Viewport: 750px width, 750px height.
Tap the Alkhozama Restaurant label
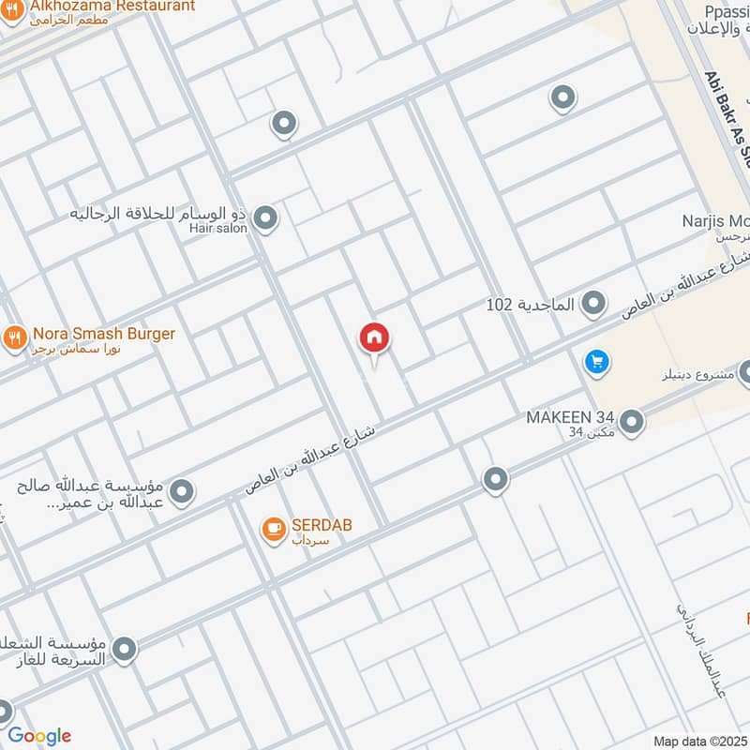112,6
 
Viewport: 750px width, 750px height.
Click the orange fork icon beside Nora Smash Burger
14,337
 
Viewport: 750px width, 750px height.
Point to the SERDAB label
321,525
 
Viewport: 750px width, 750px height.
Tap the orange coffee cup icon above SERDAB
273,530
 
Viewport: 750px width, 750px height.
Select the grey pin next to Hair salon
266,219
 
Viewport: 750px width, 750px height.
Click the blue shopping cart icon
594,361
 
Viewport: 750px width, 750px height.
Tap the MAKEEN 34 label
571,416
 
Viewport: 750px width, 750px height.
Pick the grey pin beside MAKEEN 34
632,422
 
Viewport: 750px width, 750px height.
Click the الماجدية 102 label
531,304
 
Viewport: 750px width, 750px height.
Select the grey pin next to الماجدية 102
592,303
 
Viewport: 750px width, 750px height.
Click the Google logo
39,736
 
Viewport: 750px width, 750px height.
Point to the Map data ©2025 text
700,741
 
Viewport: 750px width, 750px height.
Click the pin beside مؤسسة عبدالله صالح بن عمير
182,490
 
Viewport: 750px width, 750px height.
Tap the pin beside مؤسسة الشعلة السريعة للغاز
124,648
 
